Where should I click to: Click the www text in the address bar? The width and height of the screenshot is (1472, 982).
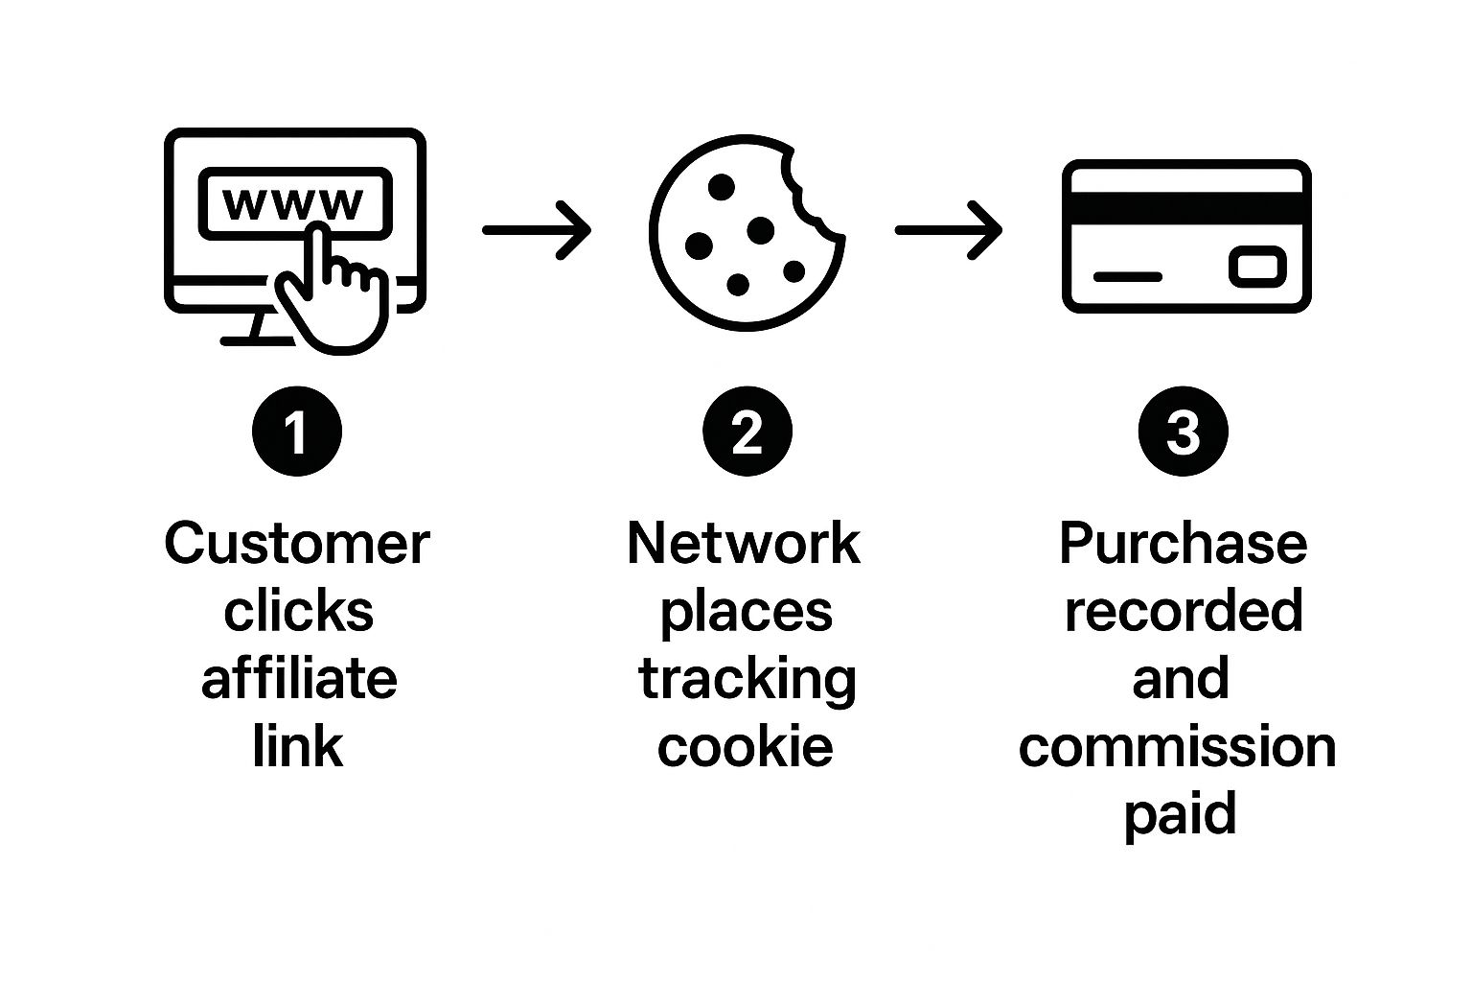[x=292, y=202]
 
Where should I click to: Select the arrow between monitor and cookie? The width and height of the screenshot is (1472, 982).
[x=537, y=230]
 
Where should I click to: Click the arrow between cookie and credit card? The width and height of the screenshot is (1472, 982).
[x=949, y=230]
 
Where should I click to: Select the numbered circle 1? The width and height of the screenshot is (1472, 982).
[x=297, y=432]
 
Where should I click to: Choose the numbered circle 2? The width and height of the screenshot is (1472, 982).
[x=747, y=432]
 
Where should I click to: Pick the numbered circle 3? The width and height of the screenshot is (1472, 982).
[x=1184, y=432]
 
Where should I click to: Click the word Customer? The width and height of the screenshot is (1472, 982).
[x=297, y=544]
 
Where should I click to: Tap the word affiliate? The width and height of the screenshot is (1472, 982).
[x=299, y=679]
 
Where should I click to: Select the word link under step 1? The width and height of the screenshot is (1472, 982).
[x=297, y=746]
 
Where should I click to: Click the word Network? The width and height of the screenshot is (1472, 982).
[x=744, y=544]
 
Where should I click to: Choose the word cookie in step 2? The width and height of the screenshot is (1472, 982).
[x=746, y=746]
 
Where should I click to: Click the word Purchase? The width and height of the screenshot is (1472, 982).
[x=1183, y=545]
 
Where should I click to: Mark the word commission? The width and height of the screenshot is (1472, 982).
[x=1178, y=747]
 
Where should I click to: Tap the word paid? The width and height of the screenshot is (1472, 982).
[x=1181, y=815]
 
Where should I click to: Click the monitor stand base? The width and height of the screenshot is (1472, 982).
[x=258, y=339]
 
